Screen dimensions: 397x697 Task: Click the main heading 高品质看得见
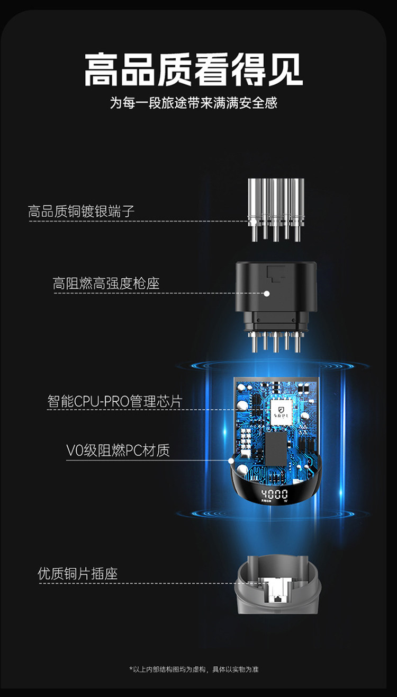[194, 69]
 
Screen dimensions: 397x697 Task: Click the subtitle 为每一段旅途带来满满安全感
[194, 102]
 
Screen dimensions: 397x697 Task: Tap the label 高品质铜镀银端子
[82, 211]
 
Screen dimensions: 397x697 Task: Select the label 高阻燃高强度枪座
[106, 284]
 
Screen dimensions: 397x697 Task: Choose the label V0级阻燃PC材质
[118, 451]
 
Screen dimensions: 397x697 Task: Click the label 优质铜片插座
[77, 574]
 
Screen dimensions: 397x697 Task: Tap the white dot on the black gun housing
[267, 293]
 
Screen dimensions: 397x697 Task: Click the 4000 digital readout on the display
[274, 495]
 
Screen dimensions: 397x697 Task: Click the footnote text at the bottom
[194, 669]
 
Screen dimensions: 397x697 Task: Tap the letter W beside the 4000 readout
[286, 501]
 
